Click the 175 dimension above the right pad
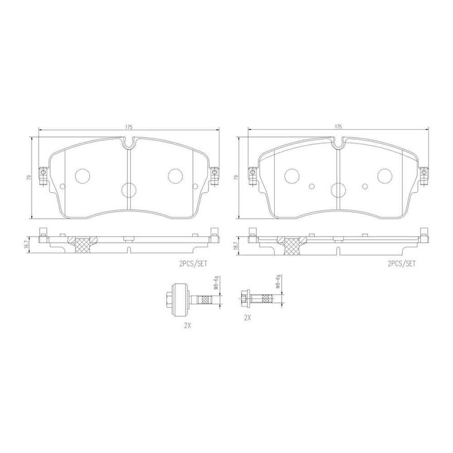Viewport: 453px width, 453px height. point(338,127)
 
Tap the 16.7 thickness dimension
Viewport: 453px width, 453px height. point(26,243)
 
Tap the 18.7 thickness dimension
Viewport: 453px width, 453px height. point(235,243)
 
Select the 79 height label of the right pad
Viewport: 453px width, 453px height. point(236,178)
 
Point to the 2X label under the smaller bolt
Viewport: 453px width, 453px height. point(247,318)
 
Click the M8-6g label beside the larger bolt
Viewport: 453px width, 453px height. point(217,284)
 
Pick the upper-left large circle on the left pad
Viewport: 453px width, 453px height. point(83,175)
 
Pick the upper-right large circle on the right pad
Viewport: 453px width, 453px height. point(385,175)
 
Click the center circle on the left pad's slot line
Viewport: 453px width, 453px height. point(129,189)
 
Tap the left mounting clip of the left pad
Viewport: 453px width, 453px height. point(43,175)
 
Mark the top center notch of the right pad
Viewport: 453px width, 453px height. point(338,144)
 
